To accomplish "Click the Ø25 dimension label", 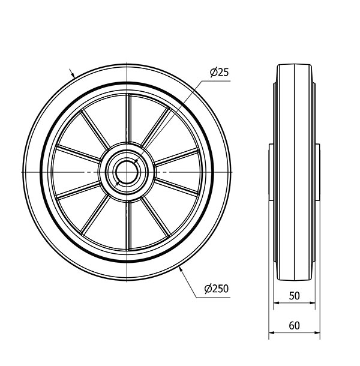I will click(x=220, y=73).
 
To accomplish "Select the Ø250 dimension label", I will click(x=217, y=289).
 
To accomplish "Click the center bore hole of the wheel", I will click(x=128, y=172).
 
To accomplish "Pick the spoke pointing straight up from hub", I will click(x=128, y=120).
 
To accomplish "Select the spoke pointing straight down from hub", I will click(x=128, y=225).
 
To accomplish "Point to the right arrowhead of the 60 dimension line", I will click(x=318, y=335).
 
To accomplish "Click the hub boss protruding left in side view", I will click(x=271, y=172).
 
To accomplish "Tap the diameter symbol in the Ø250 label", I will click(x=208, y=289).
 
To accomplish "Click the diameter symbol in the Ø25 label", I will click(x=213, y=73).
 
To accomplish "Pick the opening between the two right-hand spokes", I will click(x=180, y=172).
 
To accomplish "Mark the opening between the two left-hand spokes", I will click(x=75, y=172).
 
